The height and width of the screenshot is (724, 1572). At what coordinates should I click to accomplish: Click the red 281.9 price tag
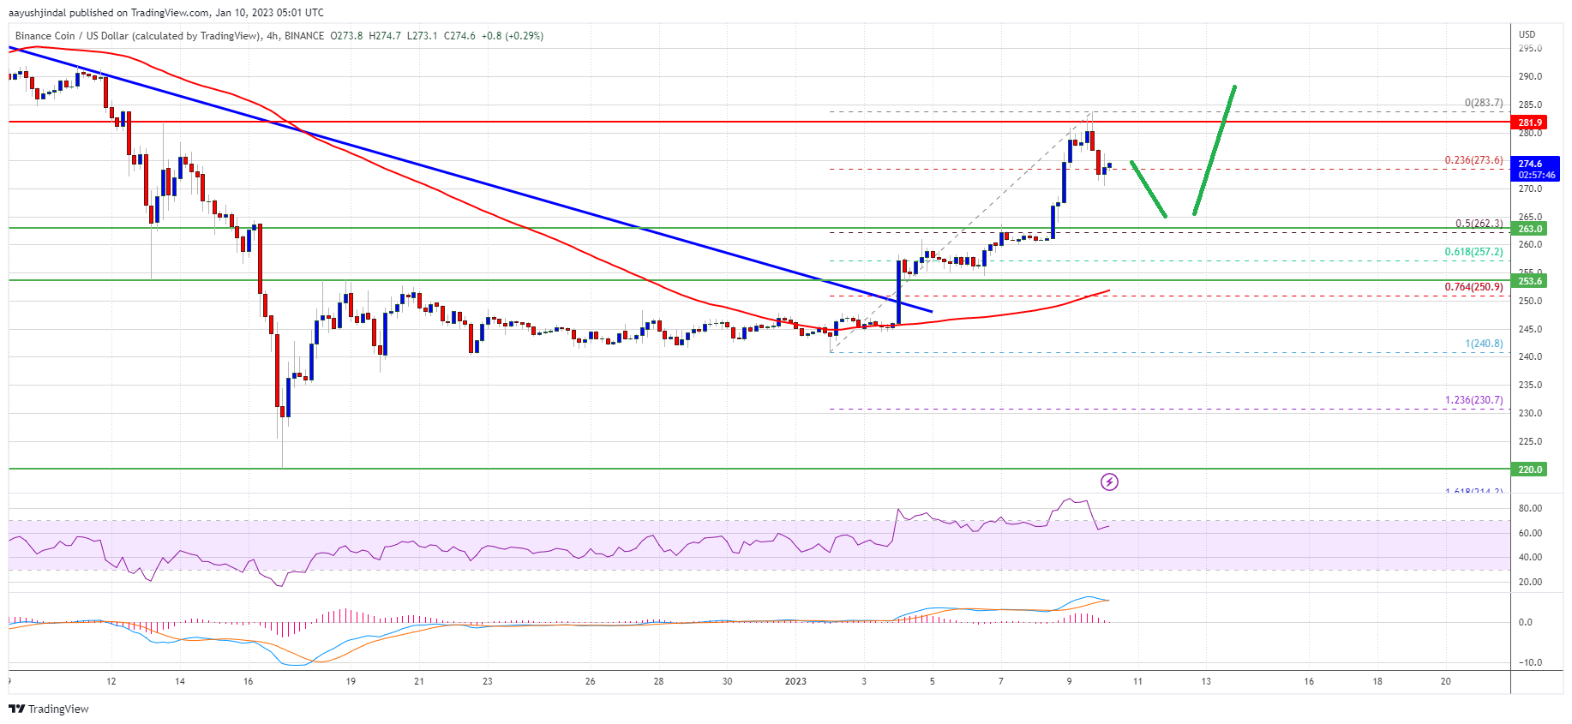(x=1530, y=123)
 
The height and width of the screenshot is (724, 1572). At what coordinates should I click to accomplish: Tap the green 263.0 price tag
(x=1530, y=229)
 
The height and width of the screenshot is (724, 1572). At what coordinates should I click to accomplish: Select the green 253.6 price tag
(x=1530, y=281)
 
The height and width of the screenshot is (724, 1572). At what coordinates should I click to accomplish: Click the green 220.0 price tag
(x=1530, y=470)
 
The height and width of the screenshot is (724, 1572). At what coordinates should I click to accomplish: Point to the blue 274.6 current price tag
(x=1535, y=169)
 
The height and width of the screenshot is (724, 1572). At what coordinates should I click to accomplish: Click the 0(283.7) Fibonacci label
(x=1483, y=103)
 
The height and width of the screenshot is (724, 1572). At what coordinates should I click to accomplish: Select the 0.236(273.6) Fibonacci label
(x=1473, y=160)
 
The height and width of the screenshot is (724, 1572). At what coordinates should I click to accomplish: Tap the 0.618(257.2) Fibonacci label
(x=1473, y=252)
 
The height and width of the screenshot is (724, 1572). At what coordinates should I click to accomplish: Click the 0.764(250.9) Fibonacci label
(x=1473, y=287)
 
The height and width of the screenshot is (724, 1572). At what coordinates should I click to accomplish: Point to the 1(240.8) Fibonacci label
(x=1484, y=344)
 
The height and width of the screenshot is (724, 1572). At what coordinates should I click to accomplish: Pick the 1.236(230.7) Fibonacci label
(x=1473, y=400)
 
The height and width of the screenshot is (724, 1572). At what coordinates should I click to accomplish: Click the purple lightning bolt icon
(x=1109, y=482)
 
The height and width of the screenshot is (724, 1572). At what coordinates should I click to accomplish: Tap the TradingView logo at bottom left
(x=49, y=709)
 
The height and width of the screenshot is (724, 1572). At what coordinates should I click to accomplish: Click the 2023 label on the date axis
(x=795, y=682)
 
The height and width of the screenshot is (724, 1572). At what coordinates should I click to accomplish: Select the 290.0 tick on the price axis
(x=1530, y=76)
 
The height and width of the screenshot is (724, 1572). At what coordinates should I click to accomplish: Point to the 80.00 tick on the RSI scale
(x=1530, y=508)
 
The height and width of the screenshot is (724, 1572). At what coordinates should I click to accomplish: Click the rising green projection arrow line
(x=1214, y=150)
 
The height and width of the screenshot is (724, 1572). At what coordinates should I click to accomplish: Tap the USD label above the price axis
(x=1527, y=35)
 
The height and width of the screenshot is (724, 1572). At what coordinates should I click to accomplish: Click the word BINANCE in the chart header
(x=304, y=36)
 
